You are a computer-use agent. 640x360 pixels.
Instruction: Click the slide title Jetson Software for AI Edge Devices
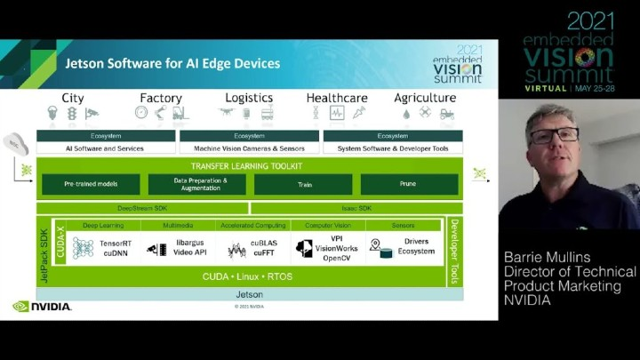[x=172, y=64]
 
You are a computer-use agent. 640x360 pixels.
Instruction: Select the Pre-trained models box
[x=91, y=184]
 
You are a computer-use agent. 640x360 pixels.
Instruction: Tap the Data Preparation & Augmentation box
[x=196, y=184]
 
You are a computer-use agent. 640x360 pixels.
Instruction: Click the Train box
[x=302, y=184]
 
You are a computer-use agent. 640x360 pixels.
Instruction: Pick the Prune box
[x=409, y=184]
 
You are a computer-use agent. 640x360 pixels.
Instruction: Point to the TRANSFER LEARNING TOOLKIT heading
[x=246, y=166]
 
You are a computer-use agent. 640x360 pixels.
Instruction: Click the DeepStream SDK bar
[x=142, y=208]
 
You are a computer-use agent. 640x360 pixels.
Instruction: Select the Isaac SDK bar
[x=356, y=208]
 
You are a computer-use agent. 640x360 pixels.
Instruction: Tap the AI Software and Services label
[x=106, y=148]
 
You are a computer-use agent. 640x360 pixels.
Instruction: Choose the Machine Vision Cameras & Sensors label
[x=249, y=148]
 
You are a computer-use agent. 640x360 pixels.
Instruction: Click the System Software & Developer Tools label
[x=392, y=148]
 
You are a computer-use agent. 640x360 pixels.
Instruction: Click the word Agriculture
[x=425, y=98]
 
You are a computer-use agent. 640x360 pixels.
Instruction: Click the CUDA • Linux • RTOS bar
[x=248, y=276]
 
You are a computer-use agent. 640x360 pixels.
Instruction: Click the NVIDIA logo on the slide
[x=42, y=307]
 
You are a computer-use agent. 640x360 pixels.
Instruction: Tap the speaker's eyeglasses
[x=553, y=136]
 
